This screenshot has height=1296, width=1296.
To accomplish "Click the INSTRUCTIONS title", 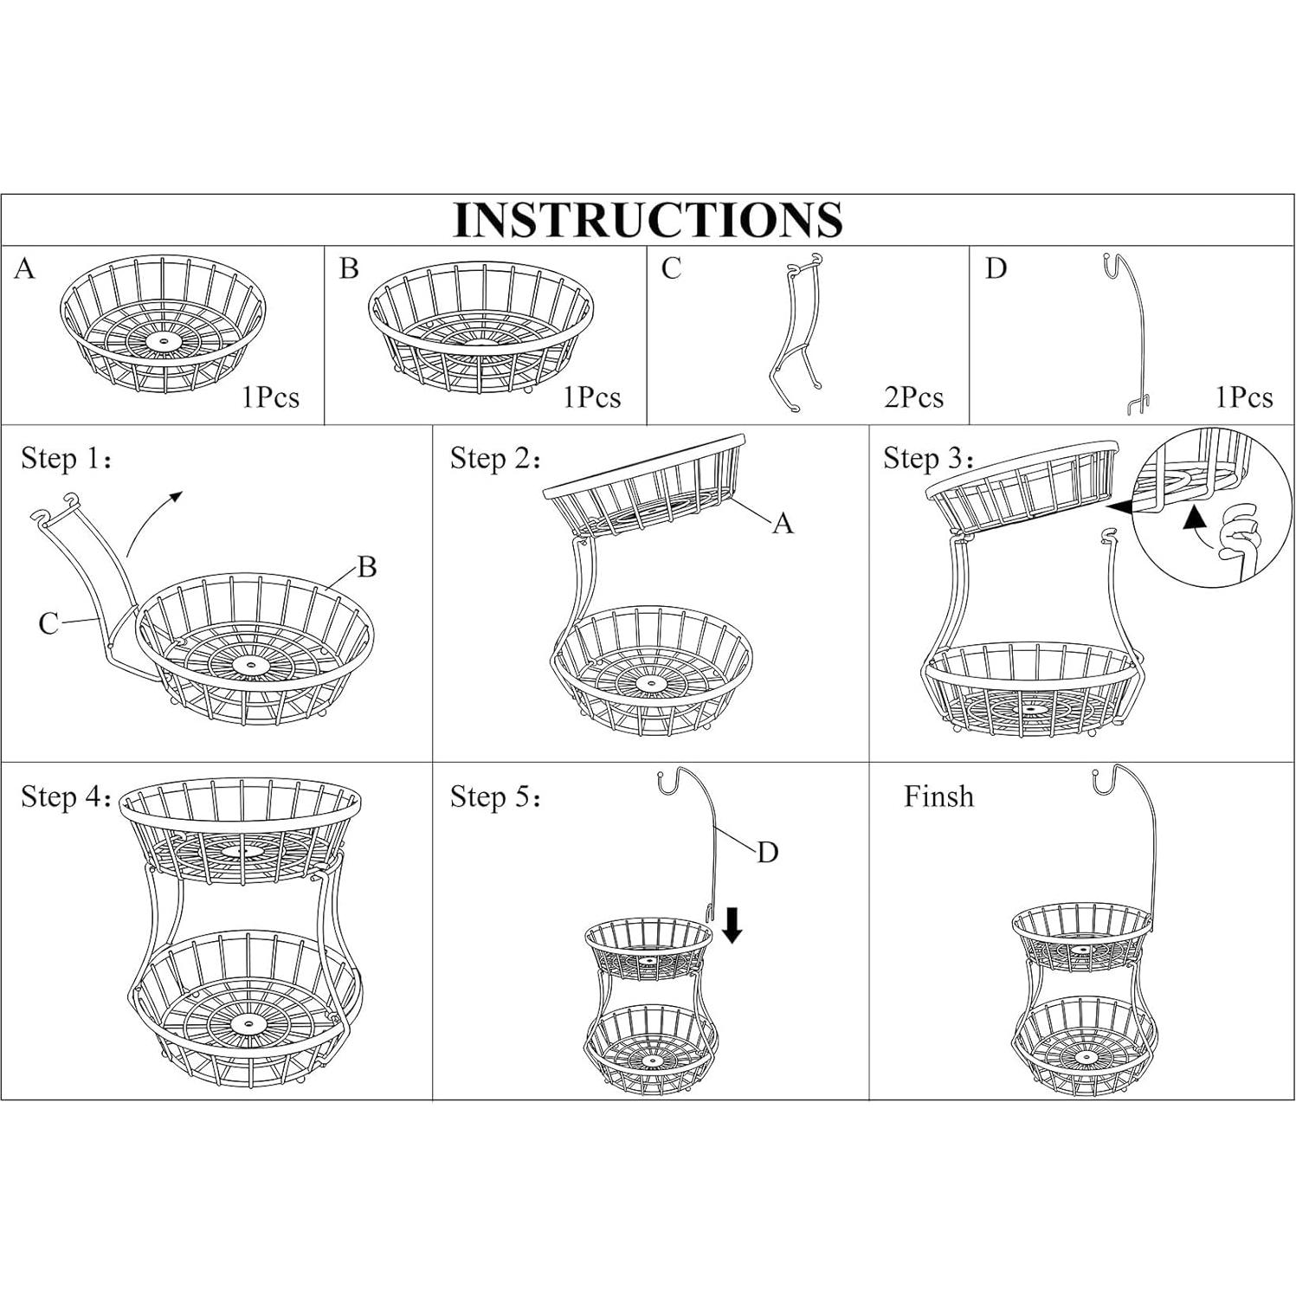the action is (x=648, y=220).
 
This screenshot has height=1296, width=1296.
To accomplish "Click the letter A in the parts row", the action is (x=24, y=269).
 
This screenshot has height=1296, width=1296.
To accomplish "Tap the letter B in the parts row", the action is (x=349, y=269).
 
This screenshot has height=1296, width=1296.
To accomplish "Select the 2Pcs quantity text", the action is (x=913, y=397).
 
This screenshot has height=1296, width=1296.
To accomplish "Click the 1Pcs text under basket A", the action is (x=270, y=397).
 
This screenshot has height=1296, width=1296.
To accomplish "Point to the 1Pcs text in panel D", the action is (x=1244, y=397).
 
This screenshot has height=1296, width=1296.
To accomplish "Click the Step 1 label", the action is (x=67, y=459).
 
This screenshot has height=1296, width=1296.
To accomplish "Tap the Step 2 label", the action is (x=495, y=459).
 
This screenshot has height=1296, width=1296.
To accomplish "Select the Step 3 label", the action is (x=928, y=459).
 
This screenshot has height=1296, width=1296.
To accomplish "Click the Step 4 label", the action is (x=67, y=797).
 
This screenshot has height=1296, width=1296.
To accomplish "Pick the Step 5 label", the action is (x=495, y=797).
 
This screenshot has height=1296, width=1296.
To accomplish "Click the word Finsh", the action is (x=938, y=796).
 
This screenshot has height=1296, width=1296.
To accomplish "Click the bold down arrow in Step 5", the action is (x=732, y=925).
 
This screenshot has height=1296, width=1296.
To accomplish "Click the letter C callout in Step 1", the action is (x=48, y=623).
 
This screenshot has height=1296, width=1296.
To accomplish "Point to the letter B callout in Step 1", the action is (x=367, y=568).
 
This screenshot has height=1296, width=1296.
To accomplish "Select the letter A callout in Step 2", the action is (x=783, y=523).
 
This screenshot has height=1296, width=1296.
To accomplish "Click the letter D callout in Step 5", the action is (x=768, y=853).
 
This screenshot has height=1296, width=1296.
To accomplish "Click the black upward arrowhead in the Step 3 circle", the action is (x=1195, y=517).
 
